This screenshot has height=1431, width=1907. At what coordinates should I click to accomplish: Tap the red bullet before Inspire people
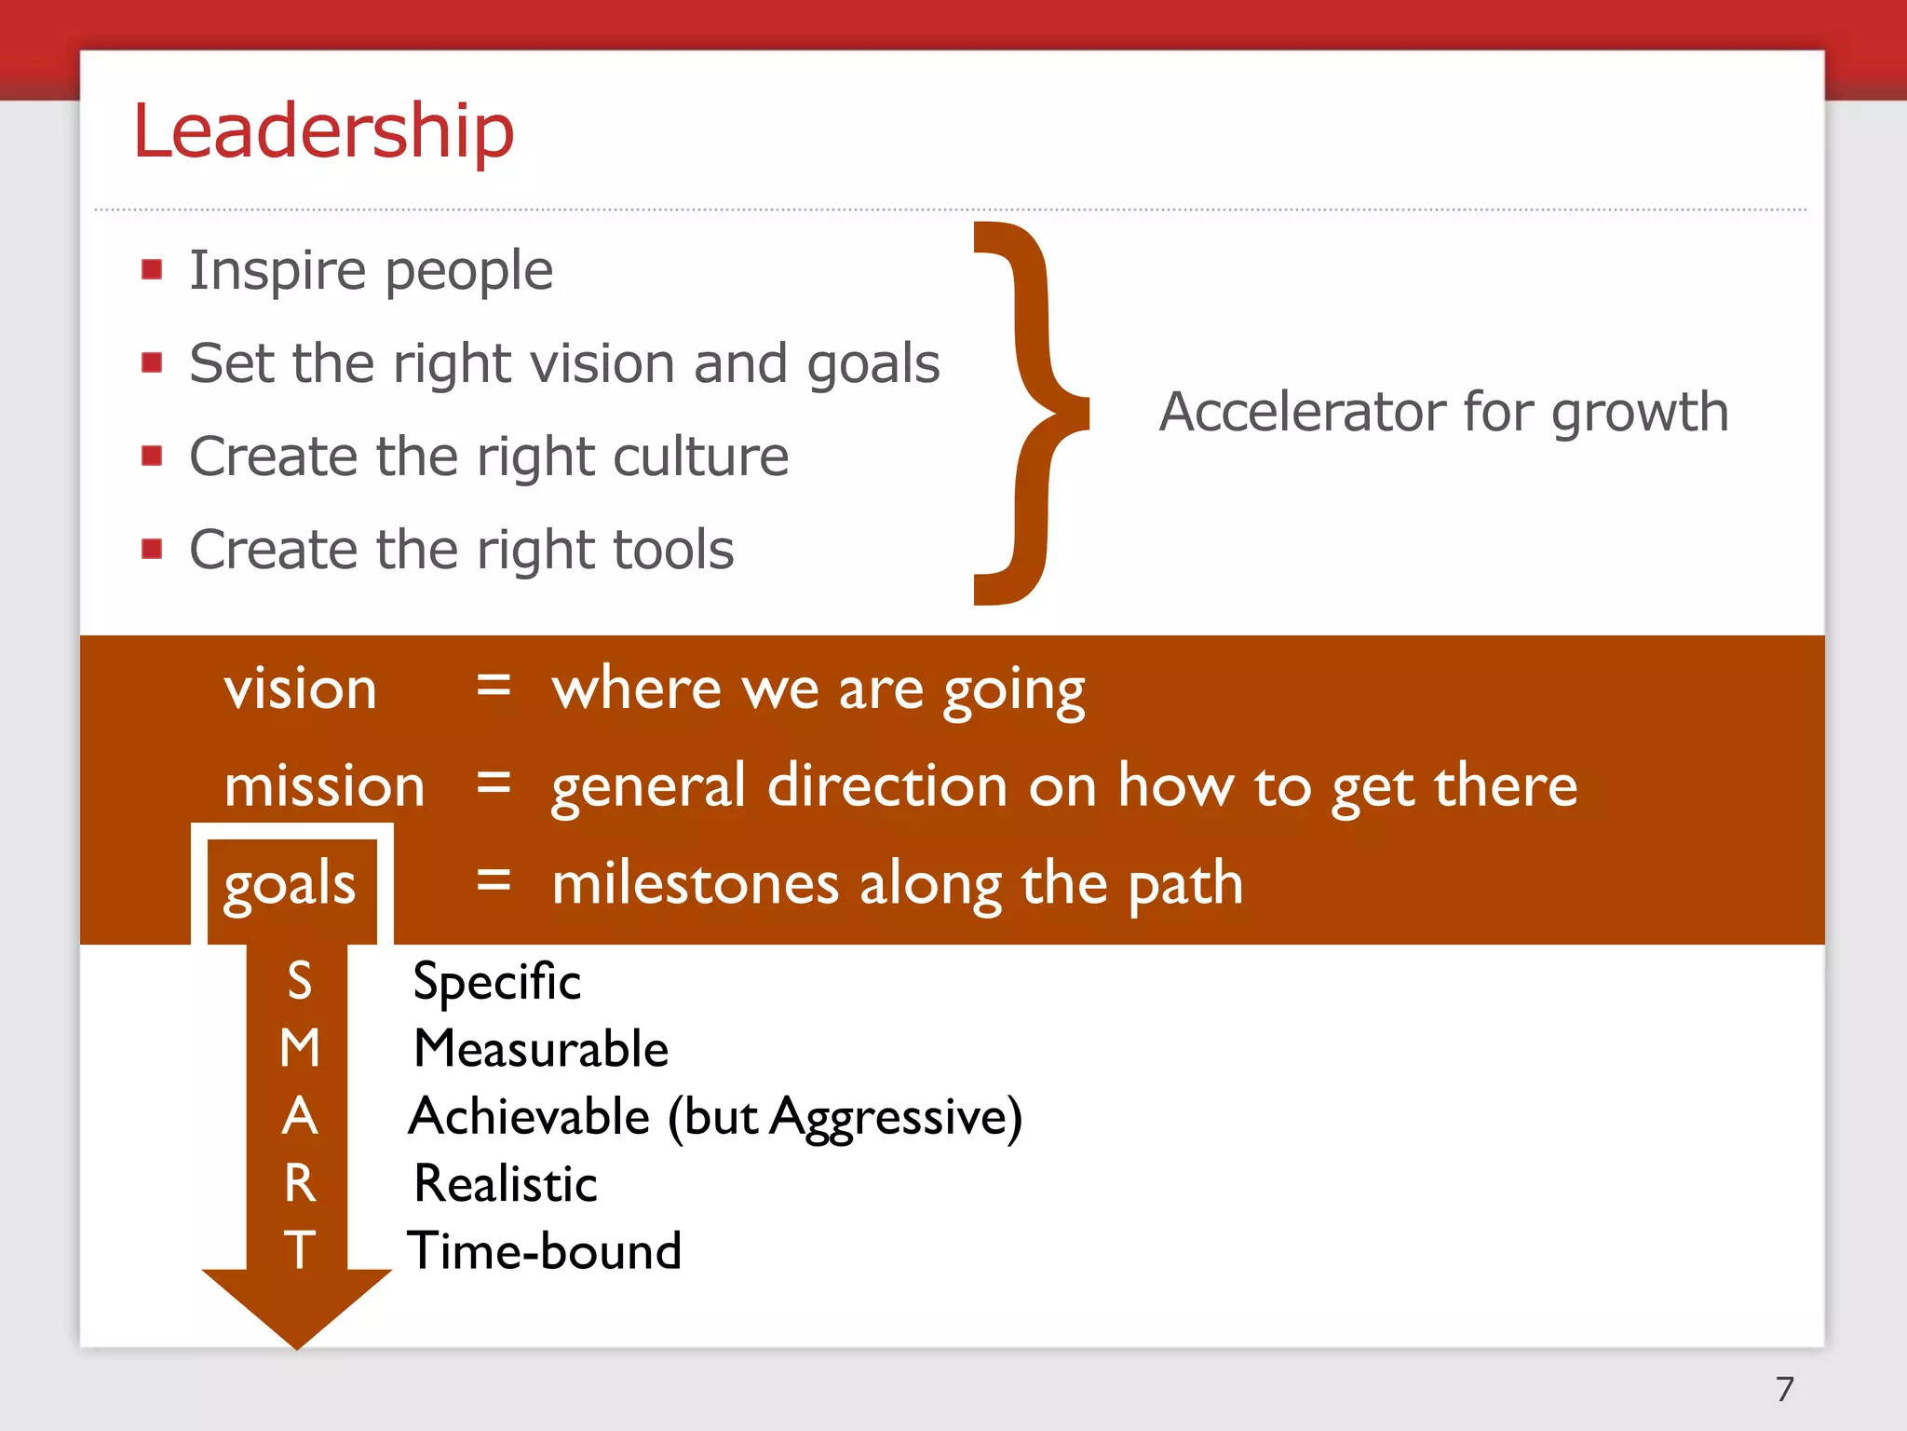152,270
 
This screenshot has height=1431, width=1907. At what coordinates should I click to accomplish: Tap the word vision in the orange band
300,689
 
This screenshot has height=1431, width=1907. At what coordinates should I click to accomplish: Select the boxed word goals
290,883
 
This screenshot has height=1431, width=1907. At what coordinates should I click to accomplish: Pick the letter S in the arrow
299,981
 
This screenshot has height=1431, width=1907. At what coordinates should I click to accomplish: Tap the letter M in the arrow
299,1048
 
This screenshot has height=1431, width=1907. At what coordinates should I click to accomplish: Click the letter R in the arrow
299,1183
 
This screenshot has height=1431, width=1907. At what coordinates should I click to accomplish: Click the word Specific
496,982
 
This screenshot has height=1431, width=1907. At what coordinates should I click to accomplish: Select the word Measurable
541,1049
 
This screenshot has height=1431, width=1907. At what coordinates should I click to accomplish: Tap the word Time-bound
545,1250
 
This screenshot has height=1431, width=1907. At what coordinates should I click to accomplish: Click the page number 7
1784,1389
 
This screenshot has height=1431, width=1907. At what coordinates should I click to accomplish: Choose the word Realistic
505,1184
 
